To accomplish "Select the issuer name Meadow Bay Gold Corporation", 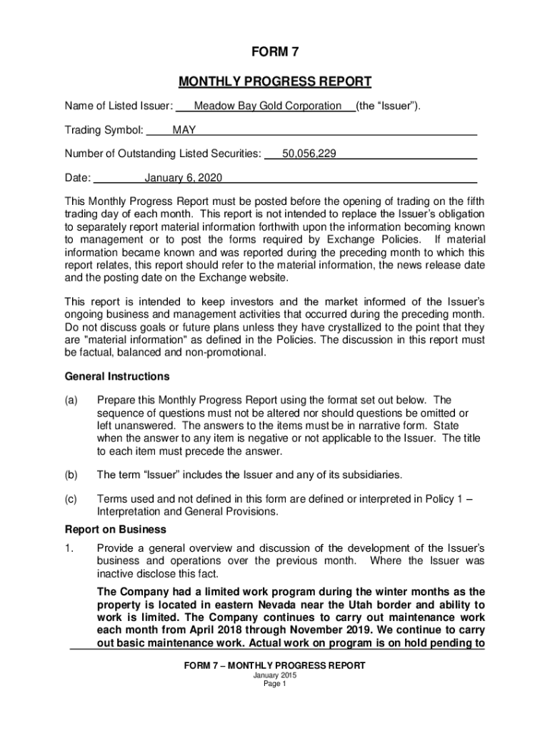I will (x=268, y=106).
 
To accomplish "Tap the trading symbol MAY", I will (x=184, y=131).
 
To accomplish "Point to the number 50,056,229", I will (x=309, y=153).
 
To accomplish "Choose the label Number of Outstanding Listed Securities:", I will (x=163, y=153).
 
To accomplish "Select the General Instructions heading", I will (x=117, y=376).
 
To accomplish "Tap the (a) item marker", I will (x=72, y=400).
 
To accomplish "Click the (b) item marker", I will (x=72, y=475).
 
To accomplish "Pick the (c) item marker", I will (x=72, y=499).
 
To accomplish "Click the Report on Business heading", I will (x=115, y=530).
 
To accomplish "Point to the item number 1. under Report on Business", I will (x=69, y=548).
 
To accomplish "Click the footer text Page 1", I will (x=274, y=683).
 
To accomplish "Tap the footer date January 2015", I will (x=274, y=675).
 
